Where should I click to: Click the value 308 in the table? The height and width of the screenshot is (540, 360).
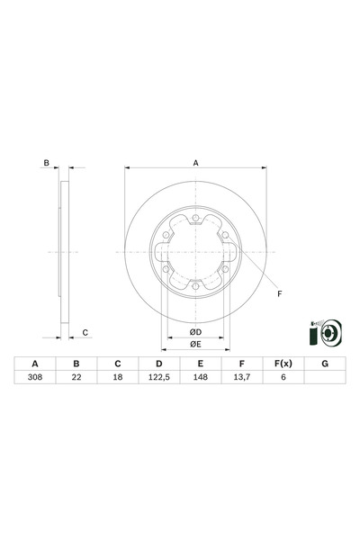(x=35, y=379)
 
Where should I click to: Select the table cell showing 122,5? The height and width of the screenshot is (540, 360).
(x=158, y=379)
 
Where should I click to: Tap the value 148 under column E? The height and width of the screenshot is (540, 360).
(x=200, y=379)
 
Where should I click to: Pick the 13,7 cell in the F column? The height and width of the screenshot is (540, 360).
(x=241, y=379)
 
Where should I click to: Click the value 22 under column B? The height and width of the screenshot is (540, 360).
(x=76, y=379)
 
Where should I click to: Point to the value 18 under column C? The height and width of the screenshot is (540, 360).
(x=117, y=379)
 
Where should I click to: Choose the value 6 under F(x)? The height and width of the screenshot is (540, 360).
(x=283, y=379)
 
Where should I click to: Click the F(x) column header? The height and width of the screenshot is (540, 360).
(x=283, y=364)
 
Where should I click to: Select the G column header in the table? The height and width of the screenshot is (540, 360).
(x=324, y=364)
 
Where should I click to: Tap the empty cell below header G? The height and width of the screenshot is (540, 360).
(x=324, y=379)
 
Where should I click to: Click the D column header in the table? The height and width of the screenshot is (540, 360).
(x=158, y=364)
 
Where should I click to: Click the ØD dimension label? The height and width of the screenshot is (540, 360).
(x=194, y=333)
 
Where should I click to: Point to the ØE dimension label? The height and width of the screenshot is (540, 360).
(x=194, y=345)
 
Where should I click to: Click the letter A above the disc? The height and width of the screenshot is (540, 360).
(x=195, y=163)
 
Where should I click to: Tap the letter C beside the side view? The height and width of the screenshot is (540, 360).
(x=85, y=333)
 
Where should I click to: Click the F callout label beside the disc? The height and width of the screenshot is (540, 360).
(x=279, y=294)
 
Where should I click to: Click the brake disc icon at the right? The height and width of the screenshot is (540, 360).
(x=323, y=334)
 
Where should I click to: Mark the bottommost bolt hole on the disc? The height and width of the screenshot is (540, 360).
(x=195, y=286)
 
